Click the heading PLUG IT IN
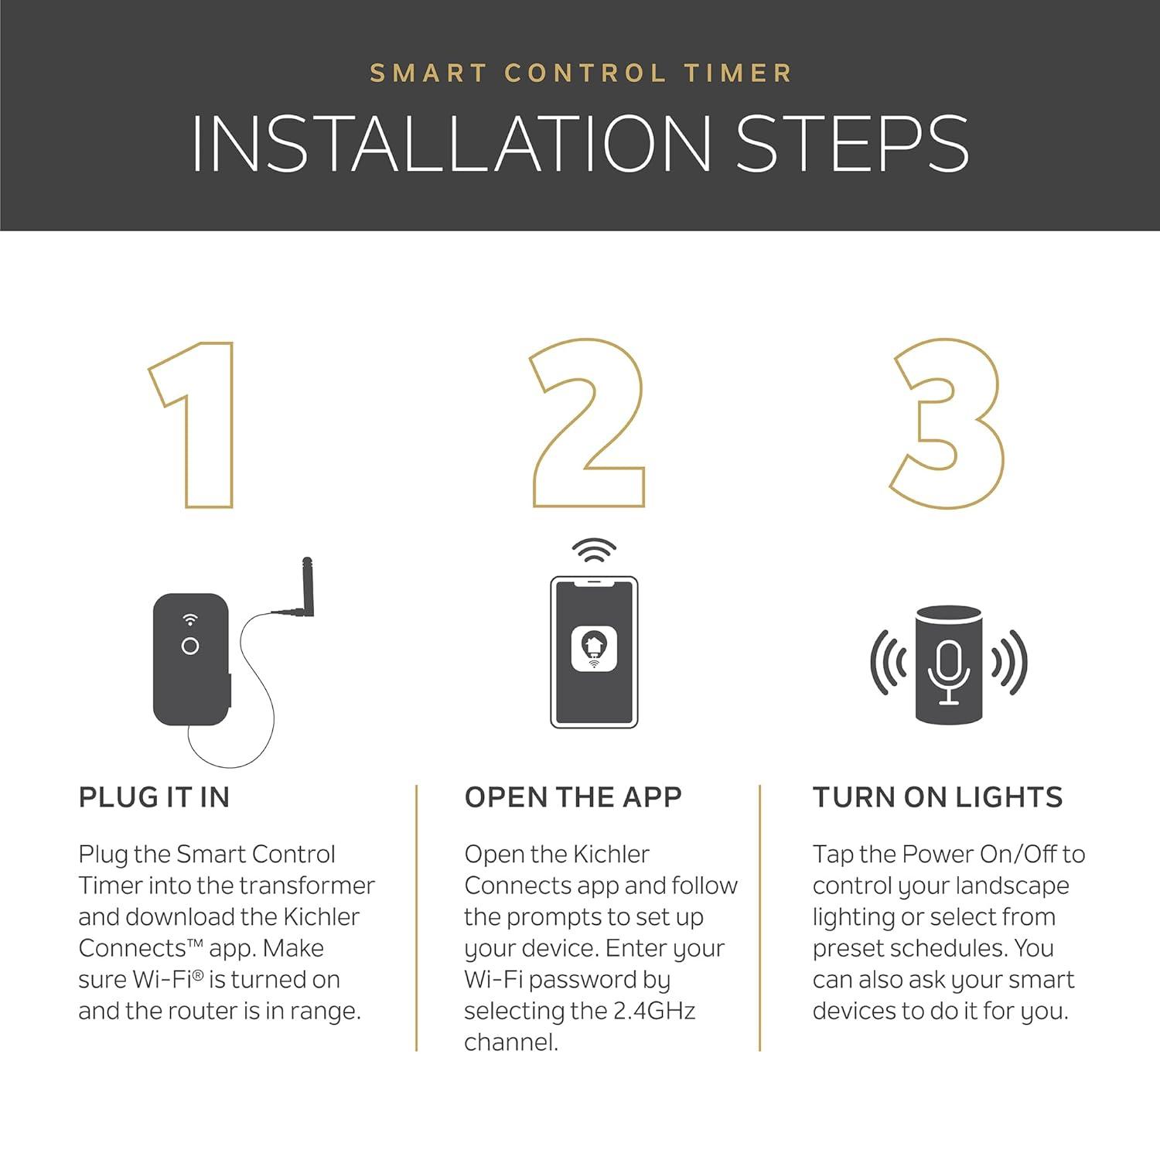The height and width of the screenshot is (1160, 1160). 155,797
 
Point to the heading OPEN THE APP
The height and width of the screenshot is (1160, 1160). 573,797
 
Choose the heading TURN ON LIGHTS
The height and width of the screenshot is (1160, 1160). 937,797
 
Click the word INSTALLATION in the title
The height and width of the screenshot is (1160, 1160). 451,144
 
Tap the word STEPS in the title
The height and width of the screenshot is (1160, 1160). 851,144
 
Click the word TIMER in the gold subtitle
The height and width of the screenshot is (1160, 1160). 738,73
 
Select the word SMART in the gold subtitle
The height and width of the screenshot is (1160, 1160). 428,73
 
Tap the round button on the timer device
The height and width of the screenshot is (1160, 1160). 189,646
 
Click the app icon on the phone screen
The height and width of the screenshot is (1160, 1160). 594,649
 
